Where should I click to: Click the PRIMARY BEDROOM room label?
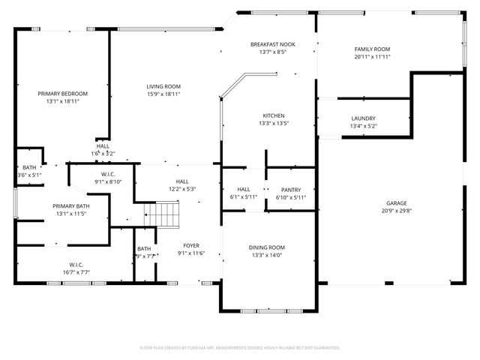tap(63, 94)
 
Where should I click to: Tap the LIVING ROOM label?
tap(163, 87)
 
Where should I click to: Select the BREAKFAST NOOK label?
tap(272, 45)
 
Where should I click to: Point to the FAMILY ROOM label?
tap(372, 49)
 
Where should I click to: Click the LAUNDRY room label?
tap(363, 118)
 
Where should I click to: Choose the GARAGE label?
tap(396, 202)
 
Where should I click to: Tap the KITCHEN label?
tap(272, 115)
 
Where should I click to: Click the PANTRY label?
tap(290, 190)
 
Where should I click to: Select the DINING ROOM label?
tap(267, 247)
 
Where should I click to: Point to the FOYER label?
tap(192, 245)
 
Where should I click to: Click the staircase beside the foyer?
tap(165, 217)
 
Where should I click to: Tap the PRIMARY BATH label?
tap(70, 206)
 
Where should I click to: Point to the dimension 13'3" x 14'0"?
tap(267, 255)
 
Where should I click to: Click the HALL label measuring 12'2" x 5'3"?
tap(182, 181)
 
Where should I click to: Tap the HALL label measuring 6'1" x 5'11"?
tap(244, 190)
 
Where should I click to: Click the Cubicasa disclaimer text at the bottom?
tap(240, 348)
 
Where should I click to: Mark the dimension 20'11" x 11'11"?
tap(372, 57)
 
